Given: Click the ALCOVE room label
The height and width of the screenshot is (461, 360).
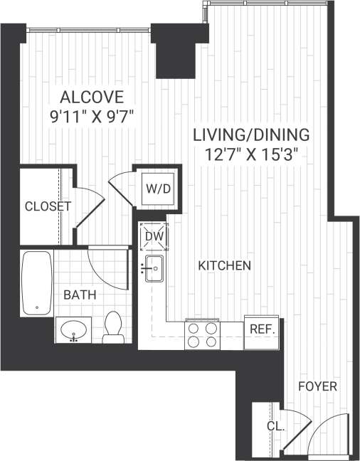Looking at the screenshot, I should (x=92, y=97).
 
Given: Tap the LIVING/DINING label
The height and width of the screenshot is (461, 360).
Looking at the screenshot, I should (x=252, y=134).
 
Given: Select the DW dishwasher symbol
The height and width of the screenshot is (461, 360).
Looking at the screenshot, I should (x=154, y=236).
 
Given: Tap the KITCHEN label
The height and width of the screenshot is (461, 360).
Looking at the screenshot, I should (x=224, y=266).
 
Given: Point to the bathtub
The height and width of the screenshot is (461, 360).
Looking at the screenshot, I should (x=36, y=283).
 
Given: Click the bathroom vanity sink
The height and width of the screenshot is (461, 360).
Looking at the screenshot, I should (x=73, y=330).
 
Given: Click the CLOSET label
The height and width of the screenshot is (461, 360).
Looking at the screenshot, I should (x=48, y=207).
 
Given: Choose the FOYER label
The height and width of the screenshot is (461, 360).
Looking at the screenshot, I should (x=317, y=386).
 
